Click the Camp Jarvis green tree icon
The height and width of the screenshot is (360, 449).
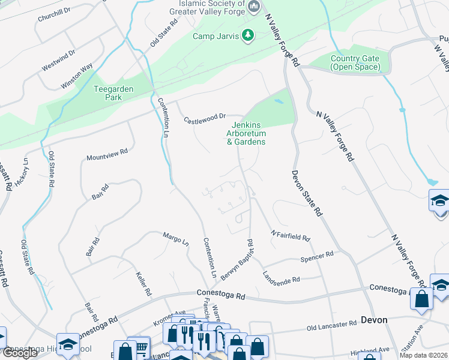(x=247, y=36)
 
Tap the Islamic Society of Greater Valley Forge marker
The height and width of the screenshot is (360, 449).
(x=254, y=7)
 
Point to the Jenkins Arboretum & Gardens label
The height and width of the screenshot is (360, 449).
(x=246, y=133)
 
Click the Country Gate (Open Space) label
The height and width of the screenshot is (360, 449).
(x=355, y=62)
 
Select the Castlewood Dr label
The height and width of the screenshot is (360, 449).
(x=204, y=116)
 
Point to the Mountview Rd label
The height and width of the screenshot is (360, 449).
(x=107, y=155)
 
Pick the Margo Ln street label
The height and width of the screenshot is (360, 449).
(x=176, y=239)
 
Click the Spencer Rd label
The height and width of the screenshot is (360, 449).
(x=316, y=257)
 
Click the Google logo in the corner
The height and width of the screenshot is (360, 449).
(x=20, y=352)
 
